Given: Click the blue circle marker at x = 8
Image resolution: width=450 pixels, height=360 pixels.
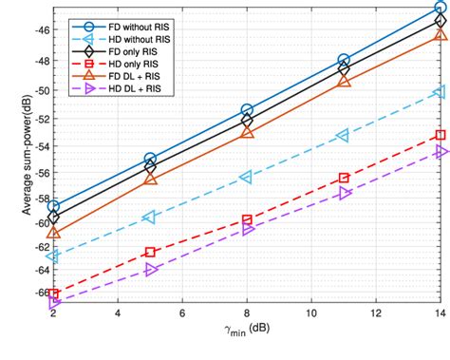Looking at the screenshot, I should tap(247, 110).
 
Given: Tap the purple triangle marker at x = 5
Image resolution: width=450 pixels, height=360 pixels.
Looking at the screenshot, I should tap(150, 270).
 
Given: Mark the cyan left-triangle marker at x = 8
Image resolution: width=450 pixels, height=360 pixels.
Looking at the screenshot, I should tap(247, 178).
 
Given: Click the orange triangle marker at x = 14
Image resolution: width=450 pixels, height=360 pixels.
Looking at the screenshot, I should tap(441, 34).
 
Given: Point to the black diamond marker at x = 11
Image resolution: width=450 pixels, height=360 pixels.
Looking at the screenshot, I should tap(344, 69).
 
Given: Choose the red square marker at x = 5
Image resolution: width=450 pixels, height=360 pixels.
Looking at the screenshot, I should tap(150, 252).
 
